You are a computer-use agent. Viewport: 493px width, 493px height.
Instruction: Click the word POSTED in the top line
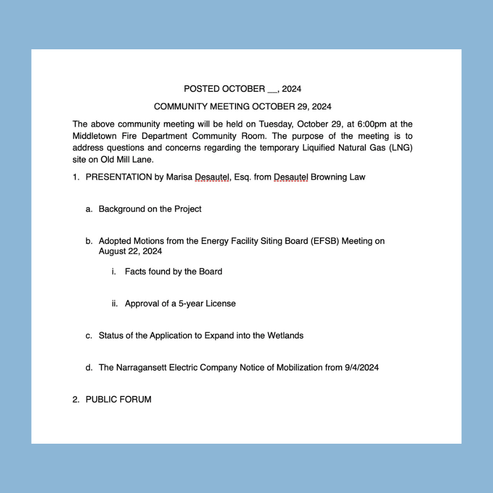click(202, 89)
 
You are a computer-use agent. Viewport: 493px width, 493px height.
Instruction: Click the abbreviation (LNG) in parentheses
click(400, 147)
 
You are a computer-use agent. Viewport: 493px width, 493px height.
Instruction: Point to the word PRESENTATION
click(118, 177)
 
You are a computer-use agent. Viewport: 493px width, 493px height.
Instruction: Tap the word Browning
click(329, 177)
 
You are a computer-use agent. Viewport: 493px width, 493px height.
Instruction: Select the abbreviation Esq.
click(243, 177)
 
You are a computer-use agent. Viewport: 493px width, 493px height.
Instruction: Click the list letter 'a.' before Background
click(89, 209)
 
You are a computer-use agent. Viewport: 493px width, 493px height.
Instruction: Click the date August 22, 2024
click(130, 251)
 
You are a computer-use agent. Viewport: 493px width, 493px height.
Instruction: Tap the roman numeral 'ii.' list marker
click(114, 304)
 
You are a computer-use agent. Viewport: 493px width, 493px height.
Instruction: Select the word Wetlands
click(285, 336)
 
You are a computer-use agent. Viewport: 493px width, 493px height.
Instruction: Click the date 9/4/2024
click(362, 368)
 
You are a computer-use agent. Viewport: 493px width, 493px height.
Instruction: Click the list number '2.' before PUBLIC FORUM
click(76, 400)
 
